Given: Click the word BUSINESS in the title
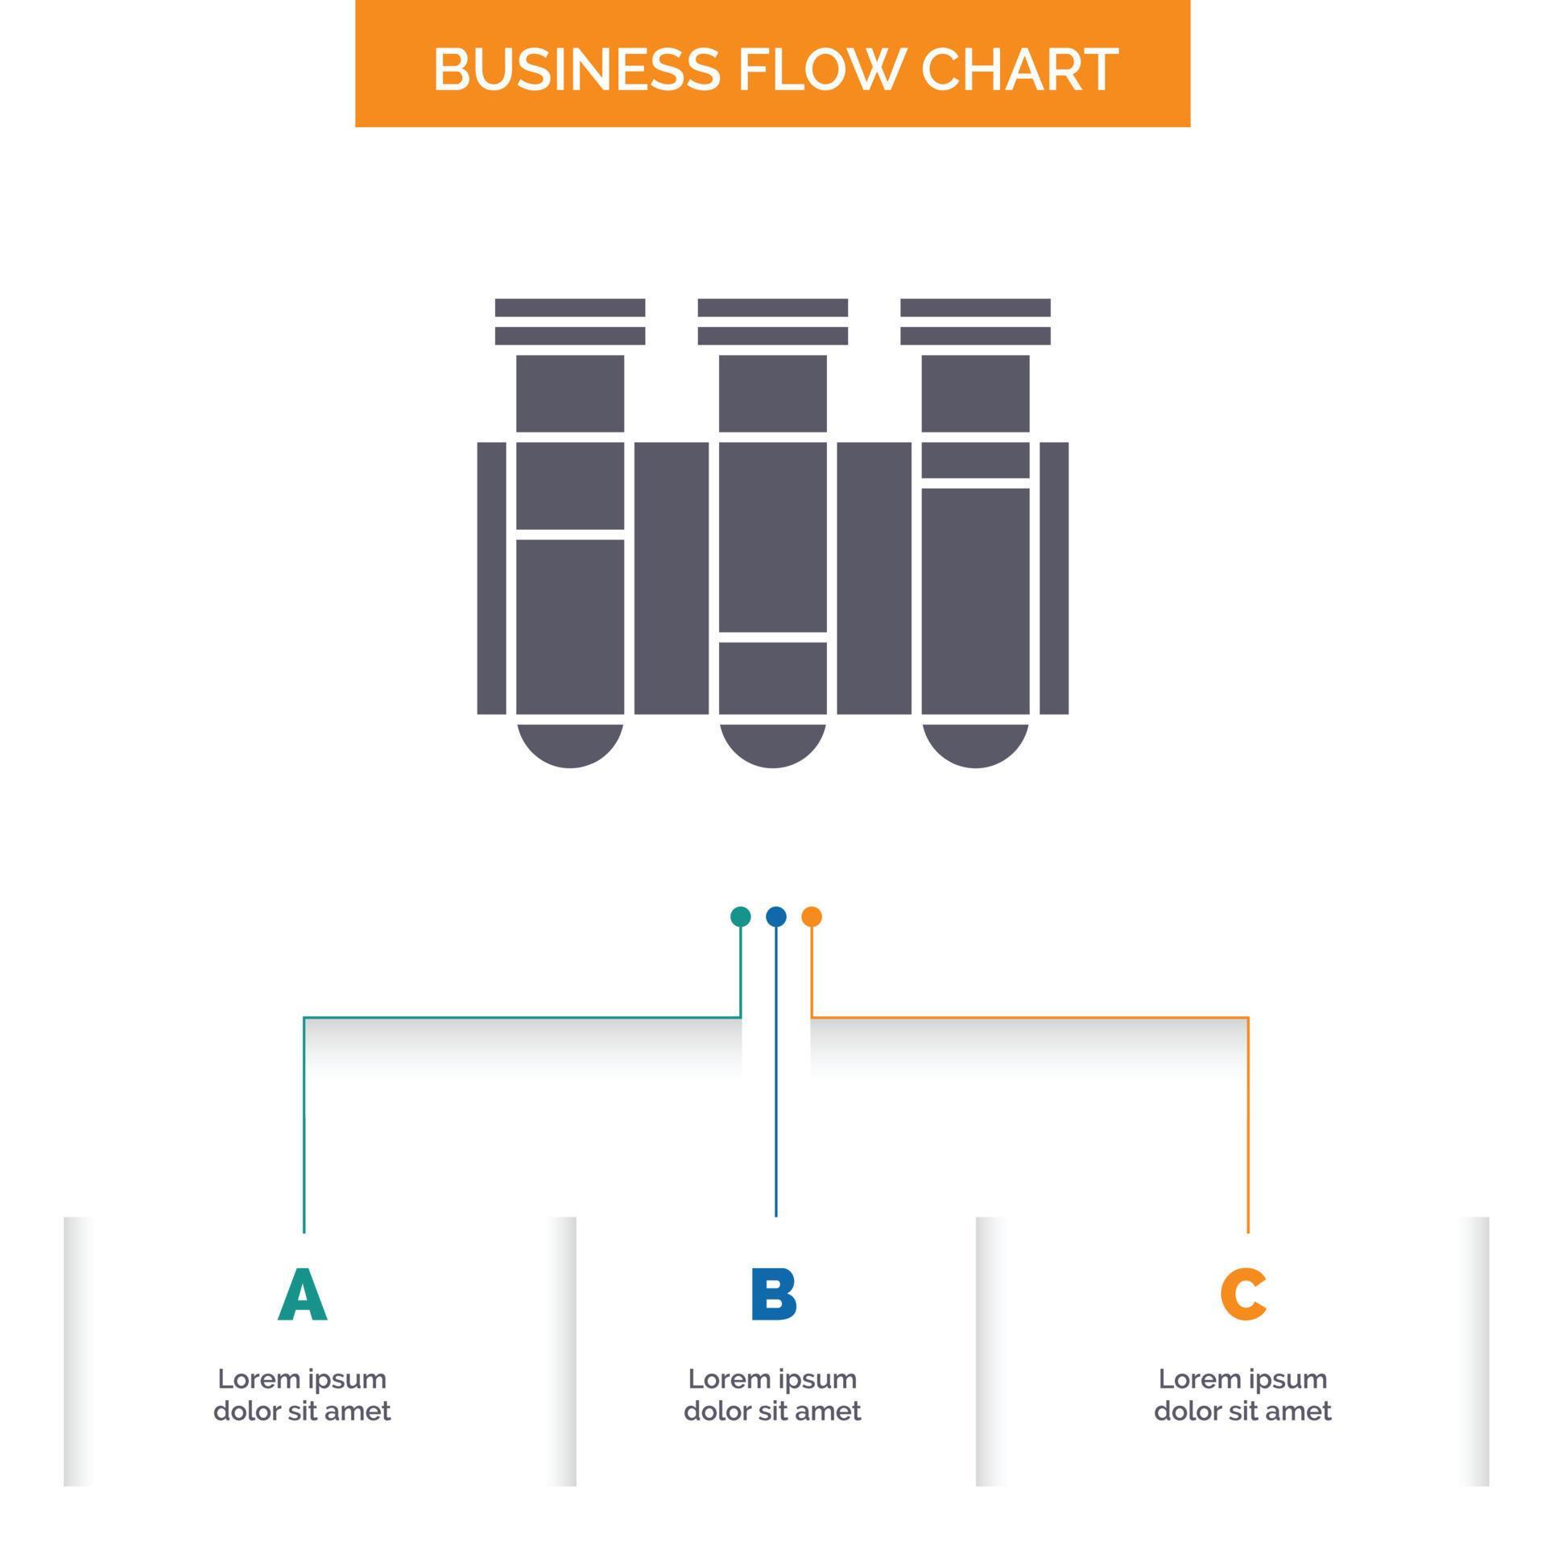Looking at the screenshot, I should (x=576, y=69).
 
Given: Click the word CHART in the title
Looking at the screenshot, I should (x=1019, y=69).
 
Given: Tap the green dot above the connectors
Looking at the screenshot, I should (x=740, y=916).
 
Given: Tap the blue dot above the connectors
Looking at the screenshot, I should (x=775, y=916).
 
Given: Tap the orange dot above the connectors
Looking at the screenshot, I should (x=812, y=916).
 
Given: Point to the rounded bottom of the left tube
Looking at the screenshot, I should (x=570, y=744).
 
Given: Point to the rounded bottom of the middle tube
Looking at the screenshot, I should (x=773, y=744).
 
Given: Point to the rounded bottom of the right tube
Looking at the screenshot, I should (x=975, y=744).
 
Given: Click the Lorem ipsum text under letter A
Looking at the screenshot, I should (x=303, y=1395).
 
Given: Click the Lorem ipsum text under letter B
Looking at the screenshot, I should (x=773, y=1395).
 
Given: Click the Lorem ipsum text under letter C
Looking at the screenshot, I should (x=1242, y=1395).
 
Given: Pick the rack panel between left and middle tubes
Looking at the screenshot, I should (x=672, y=578).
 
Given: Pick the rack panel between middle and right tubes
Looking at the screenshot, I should (x=874, y=578).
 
